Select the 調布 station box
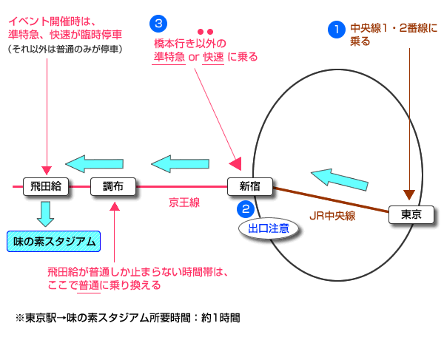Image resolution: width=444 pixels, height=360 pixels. click(112, 187)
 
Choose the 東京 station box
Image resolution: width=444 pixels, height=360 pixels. click(411, 215)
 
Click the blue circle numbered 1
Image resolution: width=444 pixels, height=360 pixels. click(337, 30)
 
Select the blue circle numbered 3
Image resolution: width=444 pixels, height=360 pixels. click(158, 23)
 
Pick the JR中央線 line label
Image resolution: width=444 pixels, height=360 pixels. click(332, 217)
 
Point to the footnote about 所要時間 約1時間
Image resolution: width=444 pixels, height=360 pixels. click(127, 317)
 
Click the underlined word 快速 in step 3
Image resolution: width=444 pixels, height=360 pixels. click(213, 57)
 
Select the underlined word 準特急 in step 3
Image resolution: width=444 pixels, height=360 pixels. click(169, 57)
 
